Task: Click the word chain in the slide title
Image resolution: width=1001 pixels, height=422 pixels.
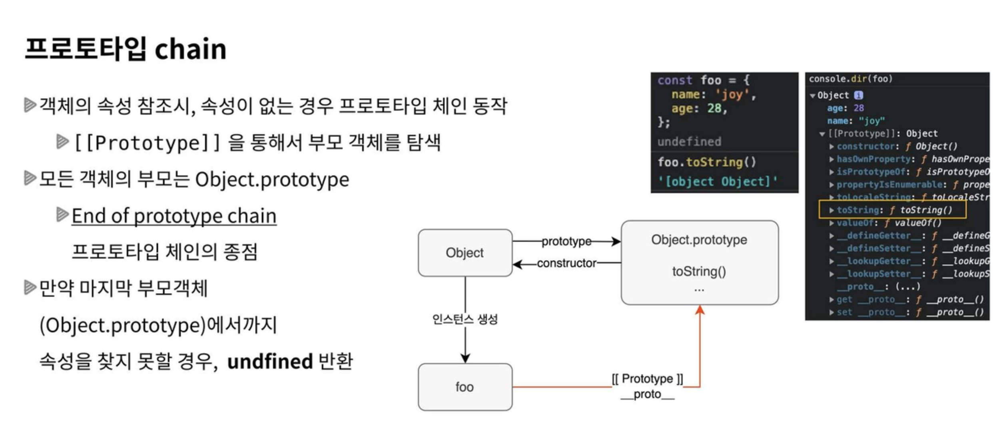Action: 190,50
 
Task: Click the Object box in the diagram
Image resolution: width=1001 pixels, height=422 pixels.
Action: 465,253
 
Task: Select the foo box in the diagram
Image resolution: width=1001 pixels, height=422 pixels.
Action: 465,387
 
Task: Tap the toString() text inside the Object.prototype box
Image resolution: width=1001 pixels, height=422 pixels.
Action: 699,271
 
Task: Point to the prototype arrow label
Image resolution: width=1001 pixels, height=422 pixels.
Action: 566,241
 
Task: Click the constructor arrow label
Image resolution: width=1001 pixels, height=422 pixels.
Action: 566,263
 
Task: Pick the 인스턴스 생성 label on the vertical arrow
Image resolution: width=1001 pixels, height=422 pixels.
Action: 465,319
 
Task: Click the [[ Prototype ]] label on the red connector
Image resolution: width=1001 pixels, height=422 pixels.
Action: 647,378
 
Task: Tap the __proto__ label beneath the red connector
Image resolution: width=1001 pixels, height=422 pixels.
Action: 647,394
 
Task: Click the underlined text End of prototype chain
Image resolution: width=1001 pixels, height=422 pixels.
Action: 174,216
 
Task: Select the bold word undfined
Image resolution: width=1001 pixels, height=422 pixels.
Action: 270,361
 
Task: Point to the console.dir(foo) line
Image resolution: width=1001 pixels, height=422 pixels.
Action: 850,79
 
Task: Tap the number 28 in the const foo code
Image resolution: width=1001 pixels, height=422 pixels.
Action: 714,108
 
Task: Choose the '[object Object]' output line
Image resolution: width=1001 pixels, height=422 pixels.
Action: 718,181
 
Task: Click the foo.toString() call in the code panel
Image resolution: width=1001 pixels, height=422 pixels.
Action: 707,162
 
